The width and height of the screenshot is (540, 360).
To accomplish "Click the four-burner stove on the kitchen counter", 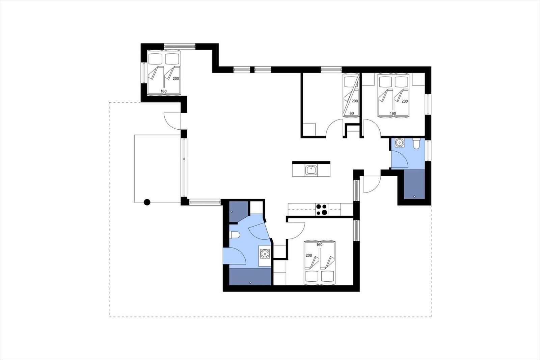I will tap(322, 210).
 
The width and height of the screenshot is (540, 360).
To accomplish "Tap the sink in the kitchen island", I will tap(311, 170).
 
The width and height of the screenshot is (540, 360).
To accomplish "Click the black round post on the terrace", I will tap(147, 202).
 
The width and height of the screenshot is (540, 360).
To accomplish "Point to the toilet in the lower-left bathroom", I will tap(235, 235).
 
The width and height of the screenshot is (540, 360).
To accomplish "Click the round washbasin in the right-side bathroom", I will tap(400, 143).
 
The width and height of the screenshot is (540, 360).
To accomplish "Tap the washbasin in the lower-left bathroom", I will tap(265, 253).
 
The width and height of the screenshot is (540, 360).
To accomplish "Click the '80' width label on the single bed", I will tap(352, 113).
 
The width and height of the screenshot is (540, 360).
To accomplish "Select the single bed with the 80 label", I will tap(350, 96).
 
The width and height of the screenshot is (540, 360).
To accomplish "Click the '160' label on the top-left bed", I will tap(164, 91).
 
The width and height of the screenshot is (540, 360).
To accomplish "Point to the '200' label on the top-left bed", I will tap(175, 78).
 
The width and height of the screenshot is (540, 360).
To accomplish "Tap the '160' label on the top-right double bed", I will tap(393, 113).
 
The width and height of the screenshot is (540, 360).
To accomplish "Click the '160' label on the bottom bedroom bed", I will tap(319, 245).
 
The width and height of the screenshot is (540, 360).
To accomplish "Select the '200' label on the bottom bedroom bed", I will tap(309, 255).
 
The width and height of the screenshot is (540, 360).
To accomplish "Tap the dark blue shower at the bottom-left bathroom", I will tap(250, 277).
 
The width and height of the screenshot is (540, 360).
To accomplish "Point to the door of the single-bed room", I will tap(335, 128).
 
